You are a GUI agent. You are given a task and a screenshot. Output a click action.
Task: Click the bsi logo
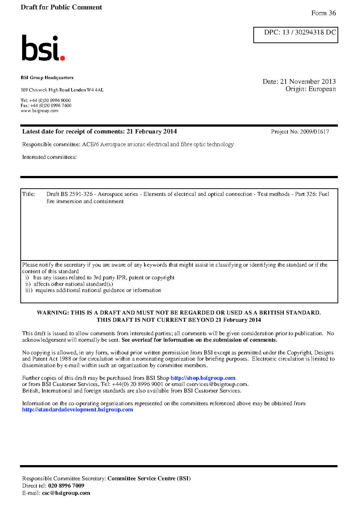(x=43, y=48)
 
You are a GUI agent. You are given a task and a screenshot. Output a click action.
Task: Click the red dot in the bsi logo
(x=62, y=58)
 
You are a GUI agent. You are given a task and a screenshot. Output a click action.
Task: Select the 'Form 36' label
(x=323, y=13)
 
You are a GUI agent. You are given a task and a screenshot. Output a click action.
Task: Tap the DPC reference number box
(x=295, y=35)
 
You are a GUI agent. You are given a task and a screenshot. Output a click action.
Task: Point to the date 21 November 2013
(x=308, y=82)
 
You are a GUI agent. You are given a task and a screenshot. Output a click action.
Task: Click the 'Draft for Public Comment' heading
(x=61, y=7)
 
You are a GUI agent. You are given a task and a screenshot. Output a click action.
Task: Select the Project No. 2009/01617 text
(x=300, y=132)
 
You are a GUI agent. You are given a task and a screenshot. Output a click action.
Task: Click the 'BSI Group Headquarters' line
(x=47, y=78)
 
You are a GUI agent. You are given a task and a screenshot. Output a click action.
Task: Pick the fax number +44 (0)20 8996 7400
(x=51, y=106)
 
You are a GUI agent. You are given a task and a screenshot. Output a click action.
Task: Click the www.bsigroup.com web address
(x=39, y=111)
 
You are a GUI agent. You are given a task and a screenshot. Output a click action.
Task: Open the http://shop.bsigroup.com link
(x=203, y=378)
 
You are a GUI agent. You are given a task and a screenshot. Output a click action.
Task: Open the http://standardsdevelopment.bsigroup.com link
(x=77, y=410)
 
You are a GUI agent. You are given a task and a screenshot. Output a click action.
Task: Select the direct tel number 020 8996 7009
(x=66, y=486)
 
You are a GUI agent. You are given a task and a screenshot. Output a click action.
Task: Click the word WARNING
(x=52, y=313)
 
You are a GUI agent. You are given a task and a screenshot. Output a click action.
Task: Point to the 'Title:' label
(x=28, y=194)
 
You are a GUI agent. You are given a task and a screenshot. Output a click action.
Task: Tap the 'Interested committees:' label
(x=49, y=157)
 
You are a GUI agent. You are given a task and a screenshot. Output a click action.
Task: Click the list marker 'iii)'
(x=29, y=290)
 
